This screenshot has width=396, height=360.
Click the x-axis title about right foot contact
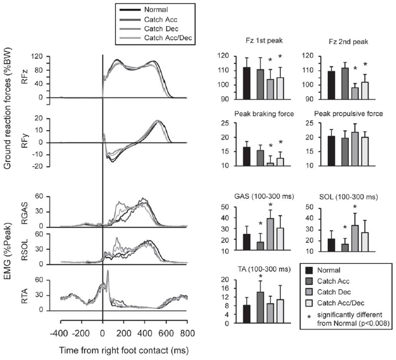(x=125, y=349)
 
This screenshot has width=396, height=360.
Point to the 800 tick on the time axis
(x=187, y=333)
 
